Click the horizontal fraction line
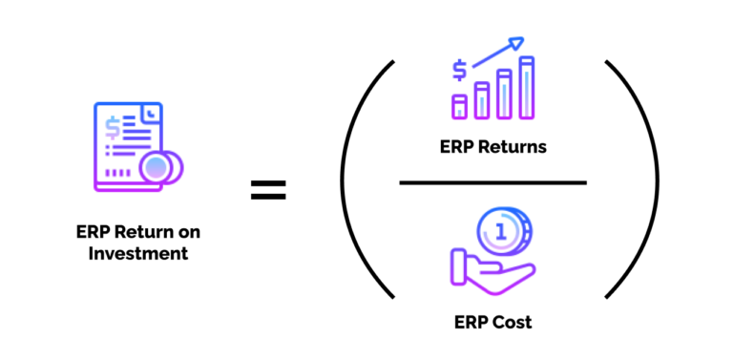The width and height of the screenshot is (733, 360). click(x=492, y=182)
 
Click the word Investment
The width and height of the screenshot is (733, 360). click(x=138, y=254)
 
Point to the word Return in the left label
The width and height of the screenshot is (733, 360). click(x=145, y=233)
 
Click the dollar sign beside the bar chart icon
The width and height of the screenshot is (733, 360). click(x=460, y=70)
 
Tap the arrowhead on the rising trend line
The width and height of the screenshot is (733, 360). click(x=516, y=42)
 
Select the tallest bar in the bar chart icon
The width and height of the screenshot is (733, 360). click(x=526, y=88)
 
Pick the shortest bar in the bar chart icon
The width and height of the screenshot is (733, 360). click(x=460, y=106)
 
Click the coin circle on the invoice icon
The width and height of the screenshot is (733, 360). click(x=157, y=168)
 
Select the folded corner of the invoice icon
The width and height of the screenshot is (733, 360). click(x=151, y=115)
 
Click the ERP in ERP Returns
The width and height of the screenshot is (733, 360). click(x=454, y=148)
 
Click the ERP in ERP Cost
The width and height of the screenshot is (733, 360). click(x=471, y=322)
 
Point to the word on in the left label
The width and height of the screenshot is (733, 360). click(x=190, y=233)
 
